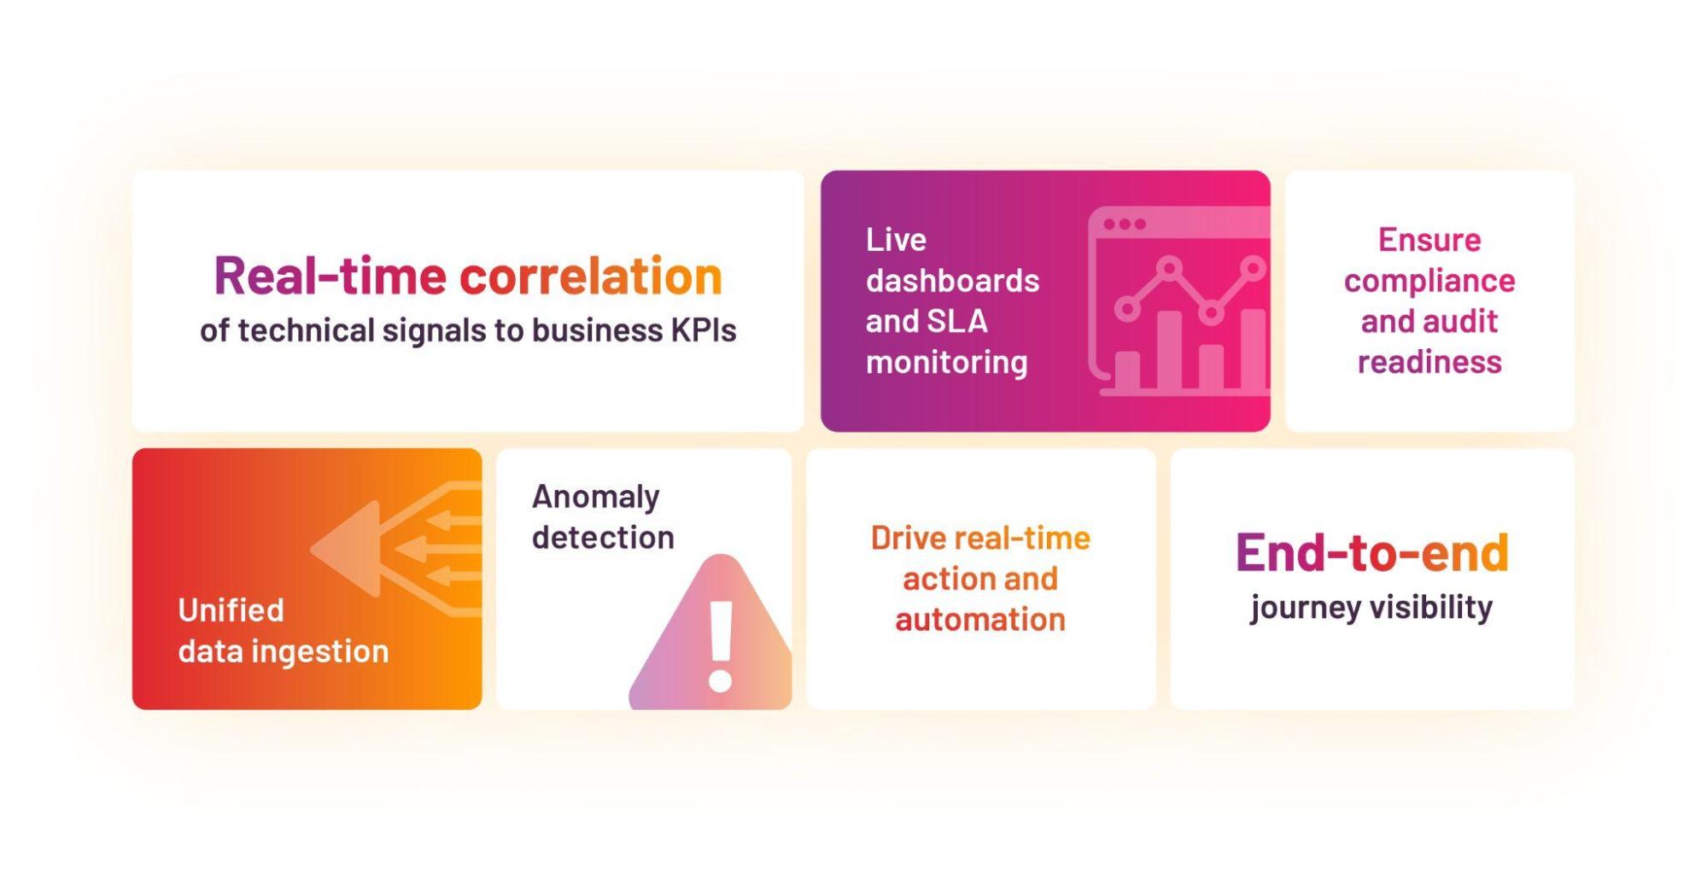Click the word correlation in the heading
tap(591, 277)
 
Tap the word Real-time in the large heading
tap(330, 277)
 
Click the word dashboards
tap(952, 281)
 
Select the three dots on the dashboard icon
tap(1125, 224)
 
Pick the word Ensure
tap(1429, 240)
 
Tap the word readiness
tap(1429, 363)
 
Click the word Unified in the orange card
tap(231, 610)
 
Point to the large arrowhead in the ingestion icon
tap(345, 549)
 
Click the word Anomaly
tap(596, 498)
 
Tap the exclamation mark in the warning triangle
tap(722, 646)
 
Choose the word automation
tap(980, 620)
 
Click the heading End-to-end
tap(1372, 552)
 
